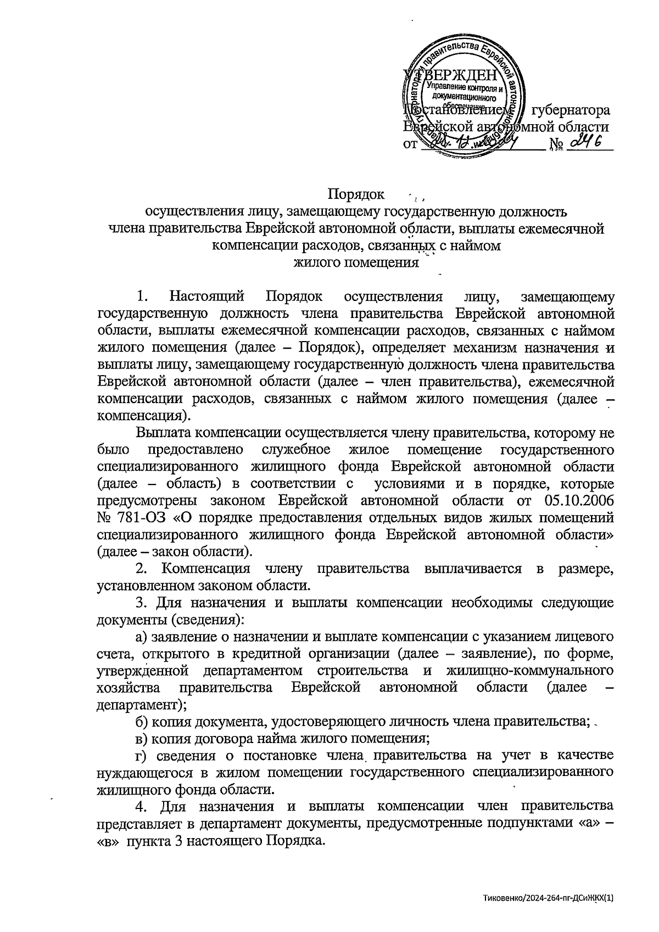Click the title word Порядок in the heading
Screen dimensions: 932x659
tap(355, 194)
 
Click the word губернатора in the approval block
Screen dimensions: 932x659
tap(571, 110)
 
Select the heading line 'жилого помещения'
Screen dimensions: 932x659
tap(356, 262)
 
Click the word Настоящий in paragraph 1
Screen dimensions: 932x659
tap(207, 297)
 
